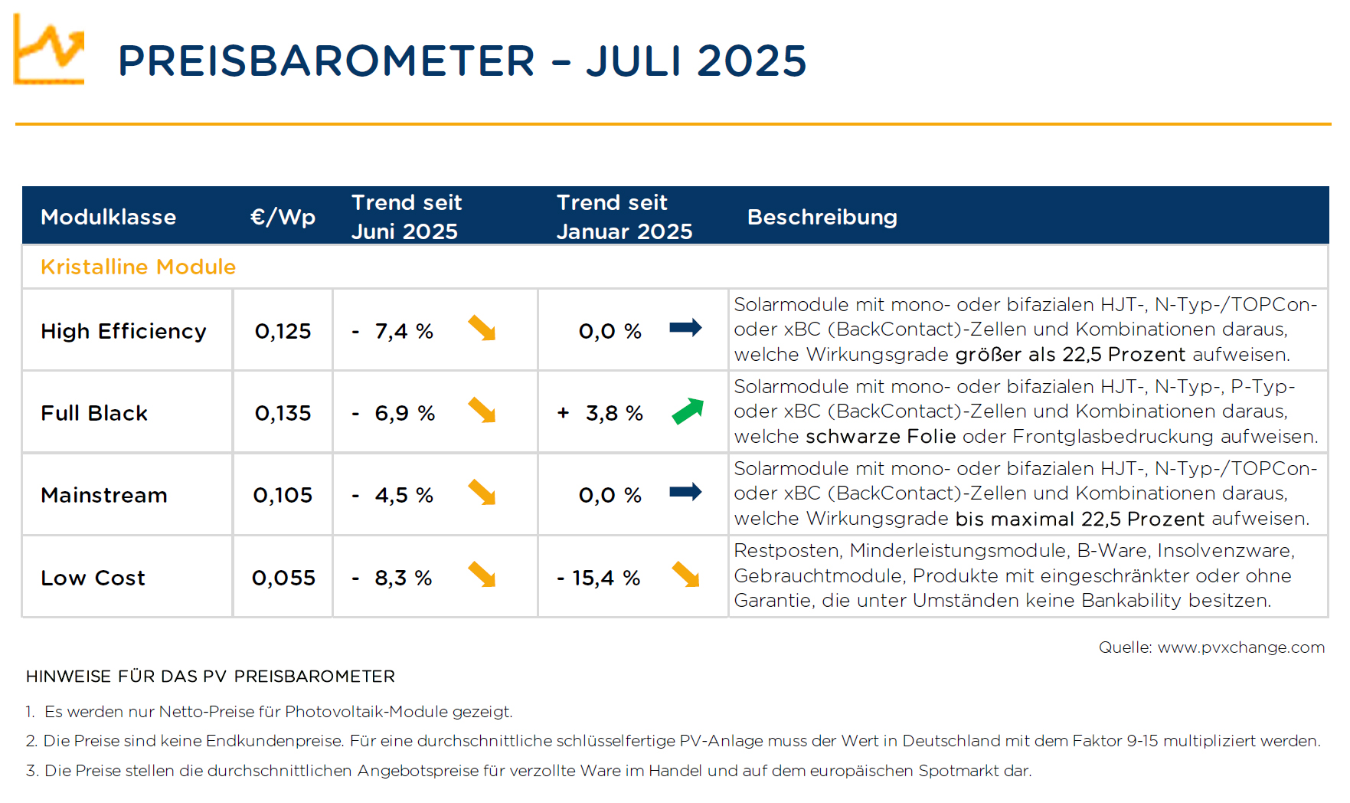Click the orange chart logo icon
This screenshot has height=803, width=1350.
click(49, 49)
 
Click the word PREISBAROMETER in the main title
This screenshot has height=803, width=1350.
click(327, 61)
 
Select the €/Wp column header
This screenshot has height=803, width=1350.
click(283, 217)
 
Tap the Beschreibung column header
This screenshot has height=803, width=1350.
click(822, 217)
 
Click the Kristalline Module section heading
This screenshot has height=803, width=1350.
click(138, 267)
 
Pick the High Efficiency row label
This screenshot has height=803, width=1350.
click(123, 331)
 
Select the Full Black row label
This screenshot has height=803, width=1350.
click(94, 413)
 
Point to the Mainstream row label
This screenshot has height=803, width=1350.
click(104, 495)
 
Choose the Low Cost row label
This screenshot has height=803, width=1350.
click(93, 578)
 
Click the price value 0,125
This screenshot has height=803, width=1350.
click(283, 331)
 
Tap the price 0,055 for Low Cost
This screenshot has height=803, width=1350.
click(283, 578)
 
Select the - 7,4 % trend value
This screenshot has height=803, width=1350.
click(392, 331)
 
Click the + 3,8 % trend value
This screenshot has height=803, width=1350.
click(600, 413)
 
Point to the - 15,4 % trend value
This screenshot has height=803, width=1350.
click(598, 578)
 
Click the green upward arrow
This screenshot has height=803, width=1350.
click(688, 411)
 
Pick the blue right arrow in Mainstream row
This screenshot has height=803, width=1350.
click(685, 492)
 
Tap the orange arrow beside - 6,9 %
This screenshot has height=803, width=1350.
click(482, 410)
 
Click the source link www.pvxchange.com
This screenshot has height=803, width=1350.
click(1241, 647)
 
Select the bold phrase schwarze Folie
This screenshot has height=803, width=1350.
click(881, 437)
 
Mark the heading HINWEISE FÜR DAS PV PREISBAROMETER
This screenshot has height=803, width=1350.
click(211, 677)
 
